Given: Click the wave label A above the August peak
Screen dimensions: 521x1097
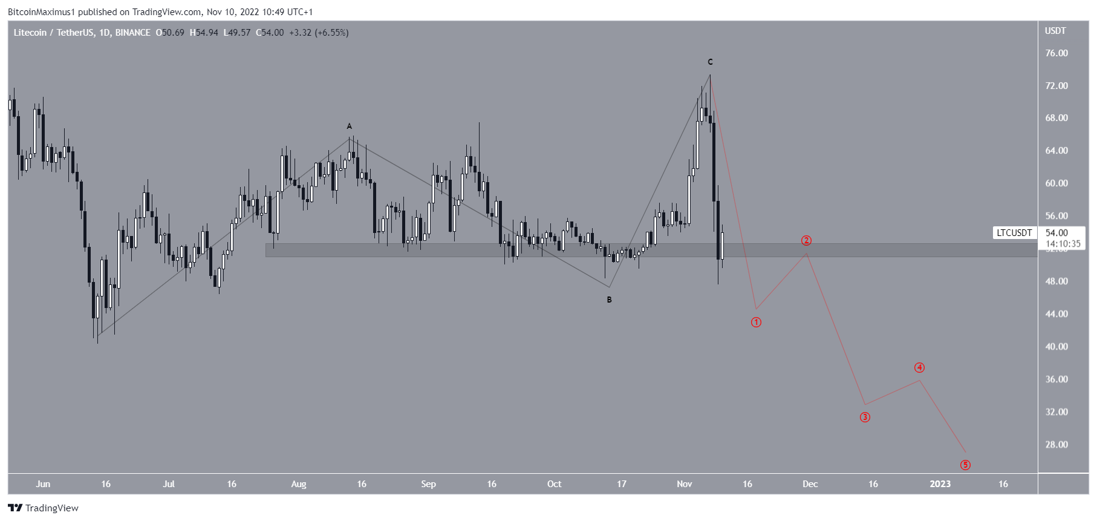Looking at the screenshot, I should [349, 126].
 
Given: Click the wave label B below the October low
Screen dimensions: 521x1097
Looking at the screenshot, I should [610, 300].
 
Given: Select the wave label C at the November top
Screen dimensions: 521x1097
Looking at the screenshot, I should [711, 62].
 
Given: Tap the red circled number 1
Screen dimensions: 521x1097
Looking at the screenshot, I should [756, 323].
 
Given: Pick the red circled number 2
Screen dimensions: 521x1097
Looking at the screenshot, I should [806, 241].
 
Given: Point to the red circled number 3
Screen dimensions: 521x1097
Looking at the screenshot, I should [865, 418].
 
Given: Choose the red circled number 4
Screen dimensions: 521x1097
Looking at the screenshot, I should [919, 368].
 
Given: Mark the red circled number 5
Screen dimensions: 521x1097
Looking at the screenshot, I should [965, 465].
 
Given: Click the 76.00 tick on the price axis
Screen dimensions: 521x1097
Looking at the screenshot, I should [1056, 53].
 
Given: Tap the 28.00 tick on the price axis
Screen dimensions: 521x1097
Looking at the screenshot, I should [1056, 445].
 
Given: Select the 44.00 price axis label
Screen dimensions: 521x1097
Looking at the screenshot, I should [1056, 314].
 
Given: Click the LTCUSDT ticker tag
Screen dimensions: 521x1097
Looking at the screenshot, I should [1014, 233].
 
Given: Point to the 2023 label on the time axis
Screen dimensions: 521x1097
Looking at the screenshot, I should [940, 484].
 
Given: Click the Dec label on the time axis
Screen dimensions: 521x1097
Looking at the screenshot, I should [810, 484].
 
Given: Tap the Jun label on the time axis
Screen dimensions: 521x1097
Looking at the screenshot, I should [43, 484].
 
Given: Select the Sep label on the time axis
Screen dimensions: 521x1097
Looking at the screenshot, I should [428, 484].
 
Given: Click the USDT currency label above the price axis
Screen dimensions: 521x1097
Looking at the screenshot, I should [1055, 31].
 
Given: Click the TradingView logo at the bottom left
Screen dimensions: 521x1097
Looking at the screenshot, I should [44, 508].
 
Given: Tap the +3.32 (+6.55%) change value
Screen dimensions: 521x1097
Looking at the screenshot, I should [319, 33].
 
